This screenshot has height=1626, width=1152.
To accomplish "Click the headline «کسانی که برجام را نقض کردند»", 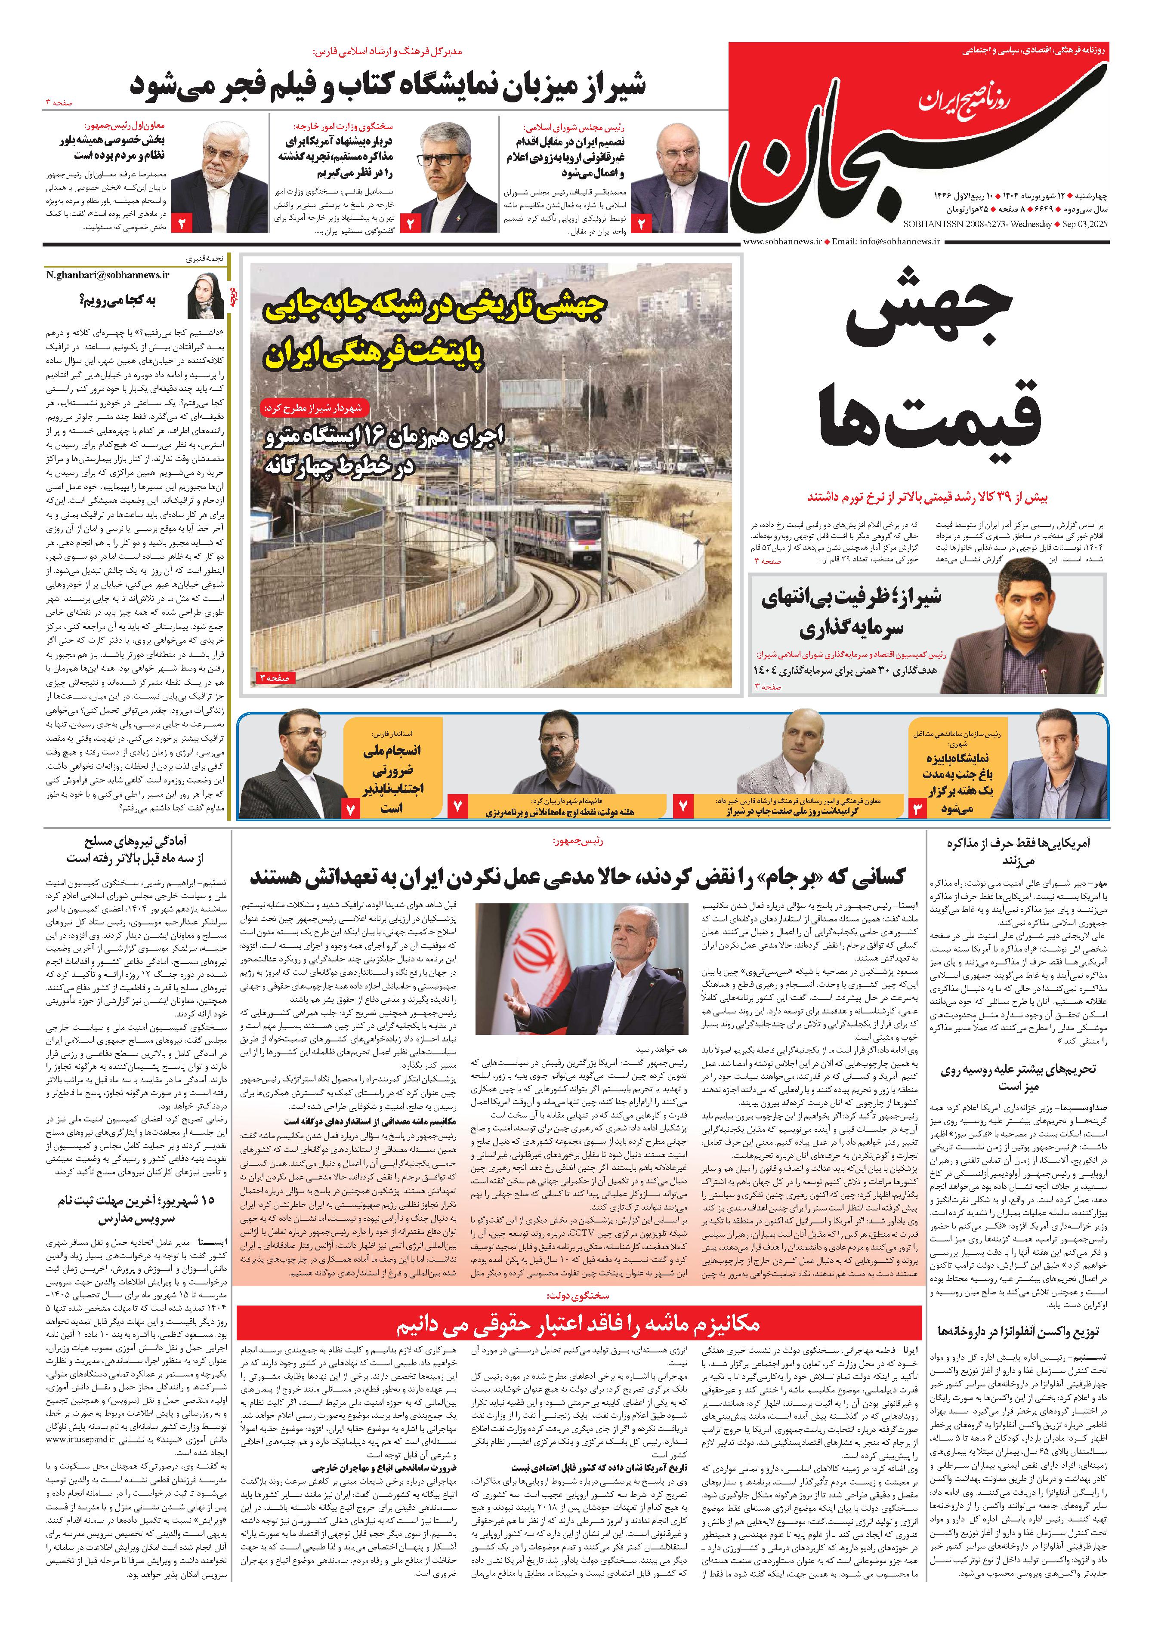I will (x=578, y=877).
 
